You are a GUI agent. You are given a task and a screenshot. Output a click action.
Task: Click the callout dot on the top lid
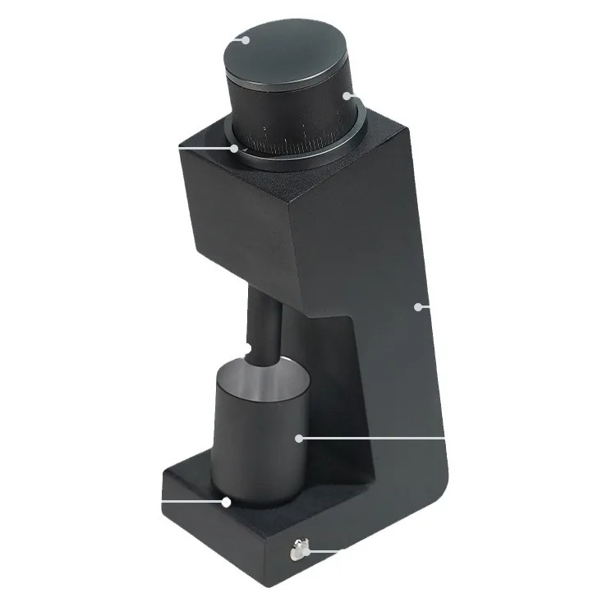241,38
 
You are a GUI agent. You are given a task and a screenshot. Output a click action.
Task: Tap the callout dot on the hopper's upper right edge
347,95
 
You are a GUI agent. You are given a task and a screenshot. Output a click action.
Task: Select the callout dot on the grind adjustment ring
235,149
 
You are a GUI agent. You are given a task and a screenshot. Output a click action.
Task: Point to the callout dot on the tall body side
419,306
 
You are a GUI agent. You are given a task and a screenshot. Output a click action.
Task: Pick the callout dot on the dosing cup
299,438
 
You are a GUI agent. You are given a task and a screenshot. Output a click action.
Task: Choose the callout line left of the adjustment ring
205,149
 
